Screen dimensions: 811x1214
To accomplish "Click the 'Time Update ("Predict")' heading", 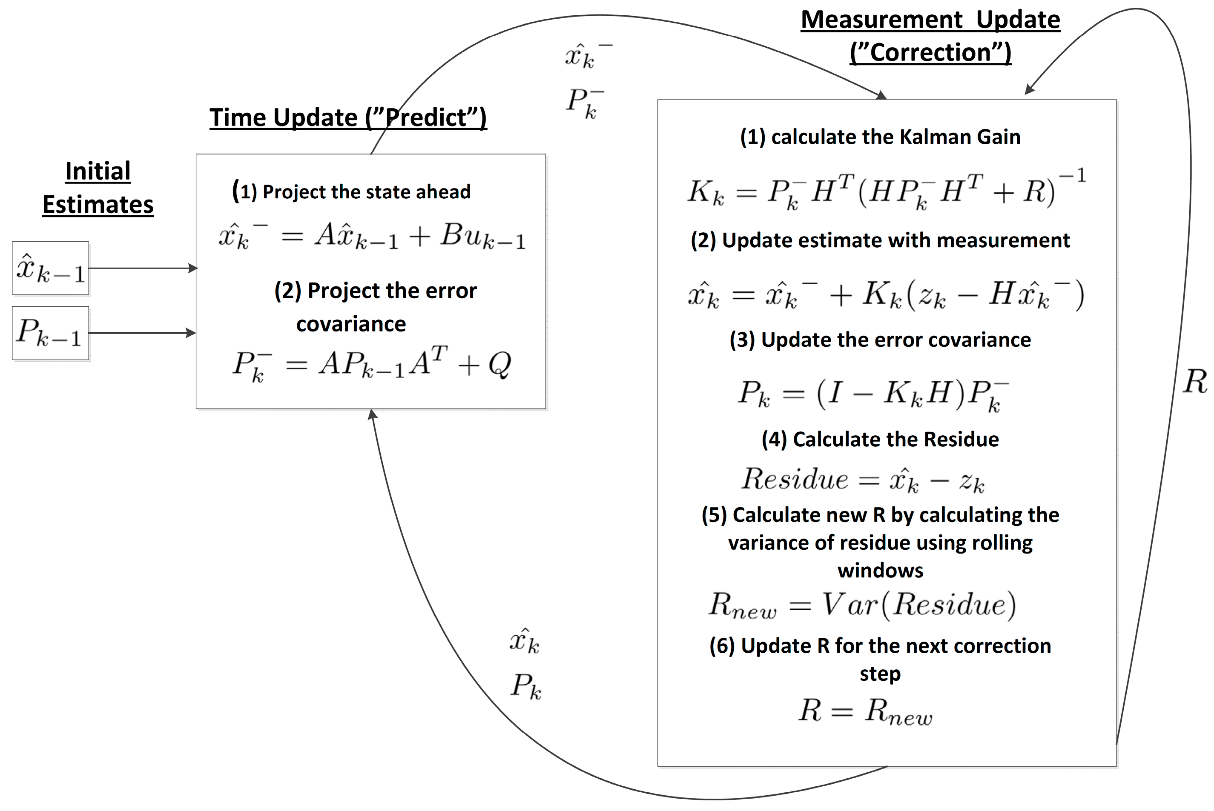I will click(x=348, y=118).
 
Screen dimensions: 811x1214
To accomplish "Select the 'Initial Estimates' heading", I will click(x=98, y=187).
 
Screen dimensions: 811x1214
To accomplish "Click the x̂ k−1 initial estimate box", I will click(x=51, y=268).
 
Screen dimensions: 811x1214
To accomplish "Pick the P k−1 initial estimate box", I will click(x=51, y=333).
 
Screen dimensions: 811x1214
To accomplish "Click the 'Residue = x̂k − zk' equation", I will click(x=863, y=480).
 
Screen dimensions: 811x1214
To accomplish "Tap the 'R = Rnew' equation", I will click(x=865, y=711).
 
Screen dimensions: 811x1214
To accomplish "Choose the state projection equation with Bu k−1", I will click(x=372, y=237).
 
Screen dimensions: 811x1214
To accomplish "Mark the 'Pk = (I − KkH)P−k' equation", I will click(x=873, y=394).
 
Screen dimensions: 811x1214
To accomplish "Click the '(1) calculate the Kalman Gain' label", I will click(x=880, y=137).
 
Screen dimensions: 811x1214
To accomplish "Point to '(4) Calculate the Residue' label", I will click(x=880, y=440).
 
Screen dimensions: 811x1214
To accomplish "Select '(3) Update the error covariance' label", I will click(x=880, y=340).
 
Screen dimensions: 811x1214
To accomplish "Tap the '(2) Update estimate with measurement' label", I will click(x=880, y=240).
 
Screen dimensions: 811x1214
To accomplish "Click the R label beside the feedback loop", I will click(x=1194, y=382).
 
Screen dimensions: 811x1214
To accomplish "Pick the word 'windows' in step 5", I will click(x=880, y=571).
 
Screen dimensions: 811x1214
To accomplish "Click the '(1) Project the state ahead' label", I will click(x=351, y=192).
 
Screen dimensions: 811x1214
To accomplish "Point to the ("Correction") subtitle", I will click(x=930, y=53).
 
